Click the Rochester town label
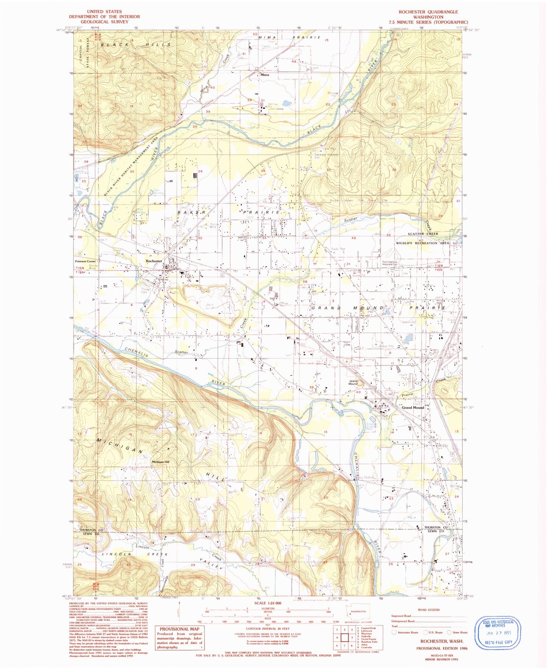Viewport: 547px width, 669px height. pyautogui.click(x=154, y=261)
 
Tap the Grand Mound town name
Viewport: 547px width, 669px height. pyautogui.click(x=413, y=408)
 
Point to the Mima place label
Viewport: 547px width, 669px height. pyautogui.click(x=265, y=75)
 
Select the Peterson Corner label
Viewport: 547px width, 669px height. pyautogui.click(x=86, y=261)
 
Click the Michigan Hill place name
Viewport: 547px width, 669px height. pyautogui.click(x=161, y=462)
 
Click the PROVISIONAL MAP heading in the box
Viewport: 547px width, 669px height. pyautogui.click(x=179, y=629)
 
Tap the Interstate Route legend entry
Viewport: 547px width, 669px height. pyautogui.click(x=404, y=632)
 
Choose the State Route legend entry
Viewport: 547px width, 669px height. pyautogui.click(x=457, y=632)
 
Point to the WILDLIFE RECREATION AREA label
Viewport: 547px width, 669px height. pyautogui.click(x=422, y=243)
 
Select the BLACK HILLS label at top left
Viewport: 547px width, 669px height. pyautogui.click(x=136, y=45)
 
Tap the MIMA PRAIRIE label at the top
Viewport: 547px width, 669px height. pyautogui.click(x=290, y=37)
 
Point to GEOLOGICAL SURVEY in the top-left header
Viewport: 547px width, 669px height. pyautogui.click(x=104, y=22)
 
